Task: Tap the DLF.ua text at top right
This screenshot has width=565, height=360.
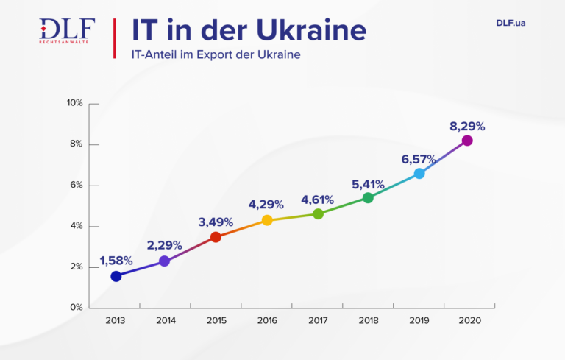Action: pyautogui.click(x=511, y=23)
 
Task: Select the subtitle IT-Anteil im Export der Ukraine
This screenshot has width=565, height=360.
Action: pyautogui.click(x=216, y=54)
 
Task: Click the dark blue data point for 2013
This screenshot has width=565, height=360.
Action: pyautogui.click(x=116, y=276)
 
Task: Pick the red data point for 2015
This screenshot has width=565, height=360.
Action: pyautogui.click(x=216, y=237)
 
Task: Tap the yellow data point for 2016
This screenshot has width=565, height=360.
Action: pyautogui.click(x=267, y=220)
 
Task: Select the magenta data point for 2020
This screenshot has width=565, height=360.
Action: pyautogui.click(x=467, y=141)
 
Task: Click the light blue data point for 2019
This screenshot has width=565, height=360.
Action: pyautogui.click(x=419, y=174)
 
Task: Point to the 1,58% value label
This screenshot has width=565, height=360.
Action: pyautogui.click(x=115, y=261)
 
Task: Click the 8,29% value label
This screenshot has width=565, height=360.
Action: pyautogui.click(x=467, y=126)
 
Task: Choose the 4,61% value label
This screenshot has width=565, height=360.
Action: pyautogui.click(x=317, y=200)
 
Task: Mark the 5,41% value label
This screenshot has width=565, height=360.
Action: pyautogui.click(x=368, y=183)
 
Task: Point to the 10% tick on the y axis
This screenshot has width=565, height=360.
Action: pyautogui.click(x=74, y=103)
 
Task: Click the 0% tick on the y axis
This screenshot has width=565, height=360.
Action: pyautogui.click(x=76, y=308)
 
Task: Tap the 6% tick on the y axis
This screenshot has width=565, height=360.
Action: pyautogui.click(x=76, y=186)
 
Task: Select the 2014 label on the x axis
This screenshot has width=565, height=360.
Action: pyautogui.click(x=166, y=321)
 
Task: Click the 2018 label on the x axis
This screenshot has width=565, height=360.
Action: pyautogui.click(x=368, y=321)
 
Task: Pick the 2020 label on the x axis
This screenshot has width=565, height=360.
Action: pyautogui.click(x=469, y=321)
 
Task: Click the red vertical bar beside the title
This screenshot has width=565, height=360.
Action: pyautogui.click(x=115, y=38)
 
